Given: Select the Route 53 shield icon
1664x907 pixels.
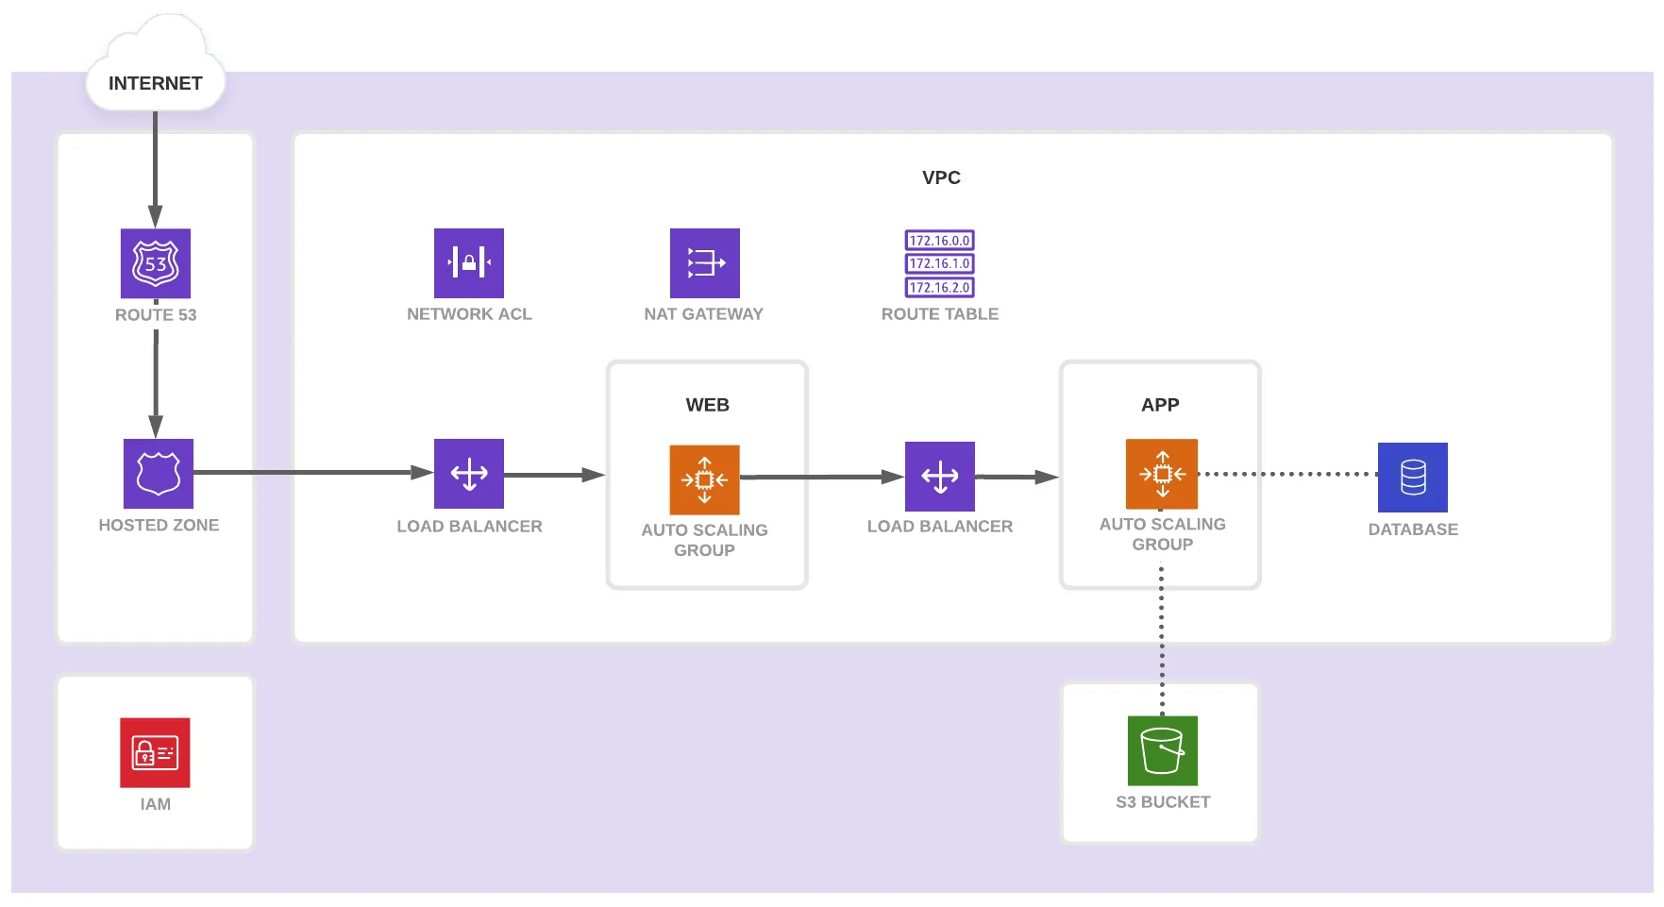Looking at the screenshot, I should tap(156, 263).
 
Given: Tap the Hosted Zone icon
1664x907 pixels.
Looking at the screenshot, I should tap(159, 474).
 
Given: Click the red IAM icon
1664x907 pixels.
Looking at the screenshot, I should tap(155, 753).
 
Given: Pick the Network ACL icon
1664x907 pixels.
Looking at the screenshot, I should tap(469, 263).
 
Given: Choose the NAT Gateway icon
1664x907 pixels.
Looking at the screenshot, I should tap(705, 263).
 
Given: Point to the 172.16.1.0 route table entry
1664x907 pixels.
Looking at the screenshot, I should tap(939, 264).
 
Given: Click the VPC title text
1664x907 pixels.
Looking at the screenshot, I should tap(941, 177).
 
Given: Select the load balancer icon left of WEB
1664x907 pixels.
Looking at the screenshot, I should tap(469, 474).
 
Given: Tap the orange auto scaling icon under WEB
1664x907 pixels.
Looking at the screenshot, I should tap(704, 479).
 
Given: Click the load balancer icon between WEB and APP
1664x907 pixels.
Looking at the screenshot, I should tap(940, 477).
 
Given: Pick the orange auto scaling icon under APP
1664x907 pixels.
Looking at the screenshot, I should tap(1162, 474).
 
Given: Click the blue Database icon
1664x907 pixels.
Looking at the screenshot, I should tap(1413, 478).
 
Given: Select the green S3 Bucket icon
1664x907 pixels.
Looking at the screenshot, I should tap(1163, 751).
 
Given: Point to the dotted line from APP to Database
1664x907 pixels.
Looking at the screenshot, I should tap(1287, 474).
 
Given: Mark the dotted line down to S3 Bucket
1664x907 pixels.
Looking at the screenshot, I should tap(1162, 642).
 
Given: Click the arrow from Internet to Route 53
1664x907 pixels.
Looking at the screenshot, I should tap(156, 170).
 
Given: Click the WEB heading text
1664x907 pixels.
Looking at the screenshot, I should tap(707, 405).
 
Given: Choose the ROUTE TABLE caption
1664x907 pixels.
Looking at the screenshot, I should tap(940, 314).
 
